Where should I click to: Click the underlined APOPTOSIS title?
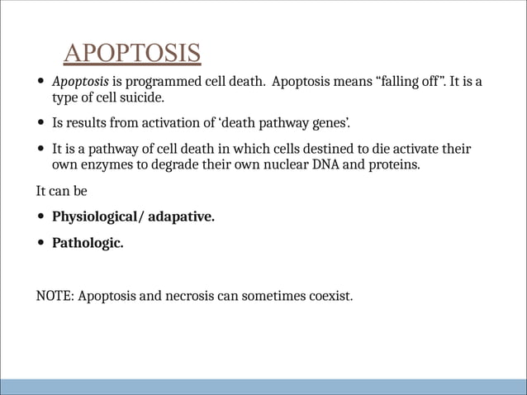132,53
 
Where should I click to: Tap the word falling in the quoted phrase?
404,83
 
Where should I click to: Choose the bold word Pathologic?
88,243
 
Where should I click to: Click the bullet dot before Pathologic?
40,244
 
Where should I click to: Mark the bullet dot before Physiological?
40,218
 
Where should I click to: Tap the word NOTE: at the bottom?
55,295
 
